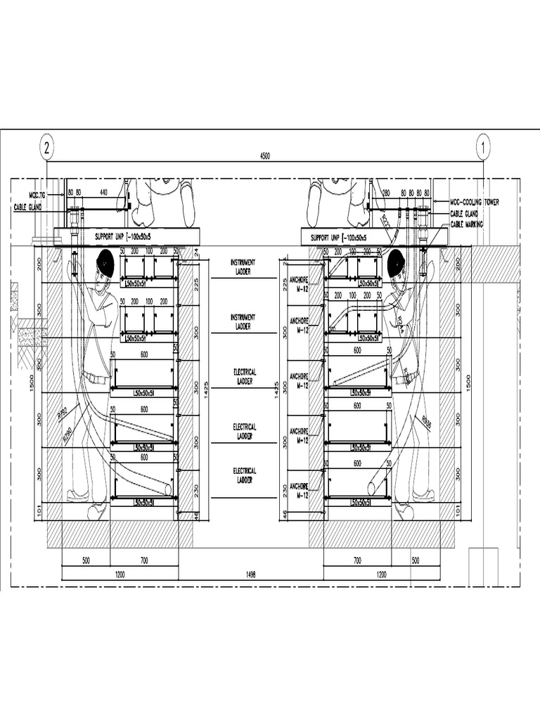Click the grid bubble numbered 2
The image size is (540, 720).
pos(46,148)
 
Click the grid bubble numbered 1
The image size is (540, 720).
pos(483,148)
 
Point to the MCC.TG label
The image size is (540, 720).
pos(37,194)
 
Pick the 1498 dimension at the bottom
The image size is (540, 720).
pos(251,574)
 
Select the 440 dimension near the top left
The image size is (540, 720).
pos(103,191)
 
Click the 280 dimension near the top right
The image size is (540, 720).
pos(385,191)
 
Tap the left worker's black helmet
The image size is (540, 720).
pos(105,263)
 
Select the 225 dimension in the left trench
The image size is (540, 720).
pos(196,283)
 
